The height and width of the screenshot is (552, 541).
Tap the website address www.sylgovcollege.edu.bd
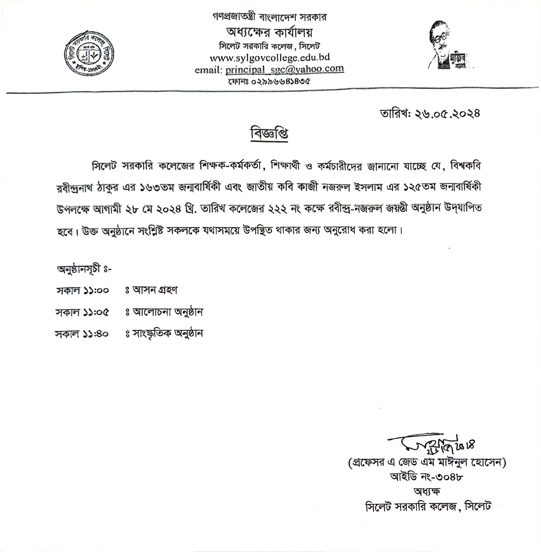click(270, 58)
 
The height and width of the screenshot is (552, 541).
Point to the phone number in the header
click(269, 82)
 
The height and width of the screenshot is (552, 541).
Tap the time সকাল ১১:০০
click(82, 291)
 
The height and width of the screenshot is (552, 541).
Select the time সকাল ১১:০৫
click(82, 312)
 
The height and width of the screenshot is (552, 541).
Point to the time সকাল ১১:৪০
click(82, 334)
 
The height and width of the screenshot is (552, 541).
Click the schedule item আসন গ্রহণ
click(155, 290)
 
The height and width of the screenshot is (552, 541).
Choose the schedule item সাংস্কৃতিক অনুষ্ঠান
click(168, 334)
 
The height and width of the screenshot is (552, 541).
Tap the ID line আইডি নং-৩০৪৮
click(426, 477)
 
